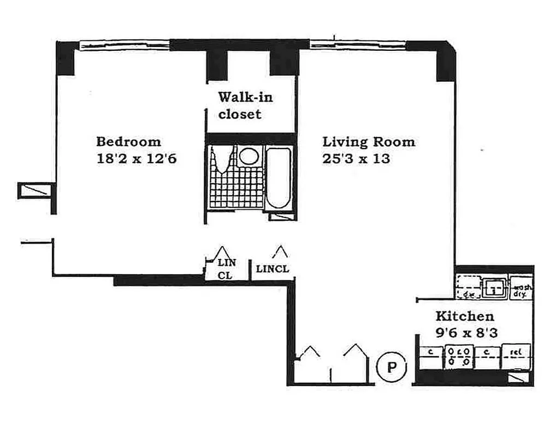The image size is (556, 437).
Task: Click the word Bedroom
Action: point(128,142)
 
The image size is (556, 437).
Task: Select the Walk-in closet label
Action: point(245,106)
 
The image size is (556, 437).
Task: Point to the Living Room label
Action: point(369,142)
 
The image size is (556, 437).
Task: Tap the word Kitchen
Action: point(464,316)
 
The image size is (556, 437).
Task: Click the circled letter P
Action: point(392,367)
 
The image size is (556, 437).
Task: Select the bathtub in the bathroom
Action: point(279,178)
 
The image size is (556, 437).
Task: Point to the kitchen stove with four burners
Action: point(458,356)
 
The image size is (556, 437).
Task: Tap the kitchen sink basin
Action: point(495,287)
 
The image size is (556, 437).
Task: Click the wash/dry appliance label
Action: point(521,290)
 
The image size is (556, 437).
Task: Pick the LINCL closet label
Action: point(273,269)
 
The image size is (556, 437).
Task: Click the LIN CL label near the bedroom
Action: point(225,269)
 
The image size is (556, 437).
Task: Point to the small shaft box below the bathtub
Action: point(282,217)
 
